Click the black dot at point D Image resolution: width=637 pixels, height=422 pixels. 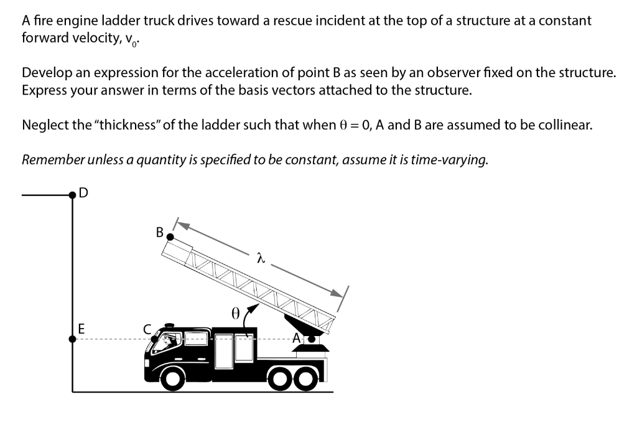coord(73,195)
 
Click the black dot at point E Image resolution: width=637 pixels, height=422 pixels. coord(73,339)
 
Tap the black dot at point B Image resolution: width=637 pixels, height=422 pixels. coord(169,237)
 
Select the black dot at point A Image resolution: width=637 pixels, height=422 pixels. coord(306,339)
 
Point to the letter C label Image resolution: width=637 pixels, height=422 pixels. coord(147,329)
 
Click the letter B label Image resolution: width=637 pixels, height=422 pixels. coord(159,233)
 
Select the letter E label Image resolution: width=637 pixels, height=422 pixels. coord(81,328)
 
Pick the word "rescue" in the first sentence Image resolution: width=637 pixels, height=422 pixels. coord(281,21)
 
